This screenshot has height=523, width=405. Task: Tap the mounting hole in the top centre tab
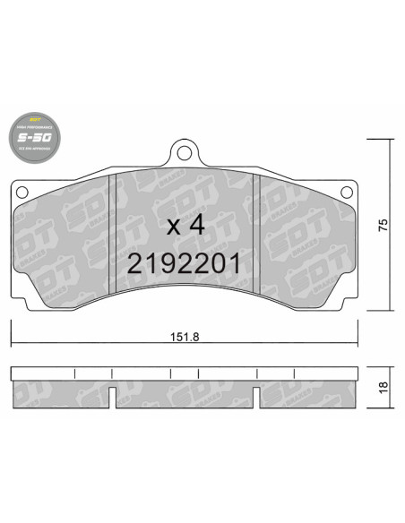pos(185,154)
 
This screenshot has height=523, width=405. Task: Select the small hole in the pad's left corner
pos(22,189)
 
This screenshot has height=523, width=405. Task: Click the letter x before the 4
pos(173,227)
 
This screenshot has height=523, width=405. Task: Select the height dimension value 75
pos(383,225)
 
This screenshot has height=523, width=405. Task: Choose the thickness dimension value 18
pos(383,388)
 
